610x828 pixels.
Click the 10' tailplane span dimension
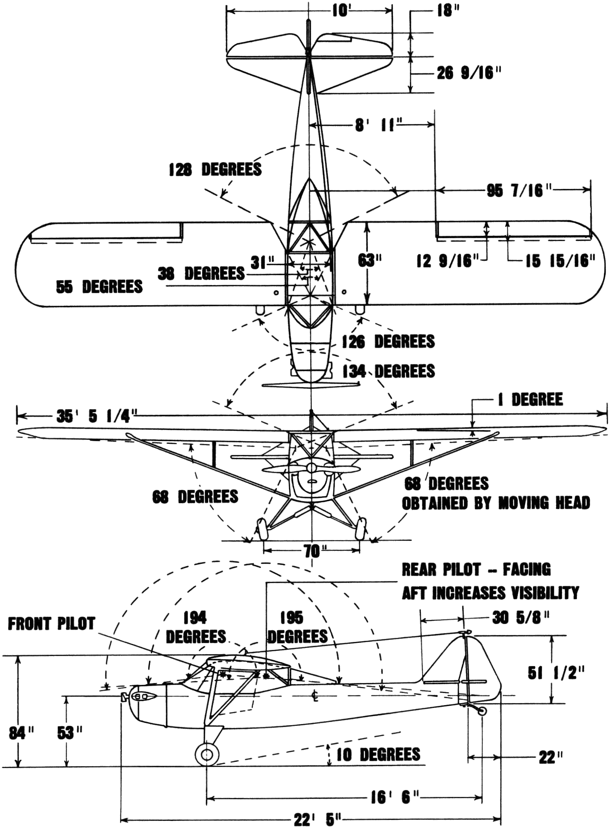340,11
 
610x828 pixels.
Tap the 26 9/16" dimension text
469,73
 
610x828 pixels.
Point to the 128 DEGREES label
215,170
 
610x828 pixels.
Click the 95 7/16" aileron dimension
515,191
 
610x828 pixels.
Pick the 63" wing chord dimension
370,261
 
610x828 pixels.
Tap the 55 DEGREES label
99,287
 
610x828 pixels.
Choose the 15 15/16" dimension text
561,261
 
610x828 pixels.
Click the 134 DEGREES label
389,371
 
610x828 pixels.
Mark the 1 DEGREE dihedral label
531,400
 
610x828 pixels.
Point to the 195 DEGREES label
298,627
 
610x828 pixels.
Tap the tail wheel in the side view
482,711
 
